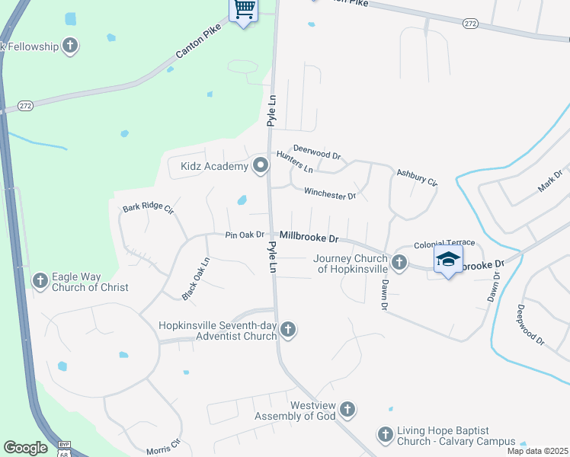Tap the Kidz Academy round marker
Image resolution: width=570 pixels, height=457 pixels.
click(x=261, y=165)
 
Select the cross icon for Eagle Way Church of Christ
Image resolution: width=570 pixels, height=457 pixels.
click(x=40, y=282)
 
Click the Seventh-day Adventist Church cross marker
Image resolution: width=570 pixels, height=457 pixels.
click(x=287, y=331)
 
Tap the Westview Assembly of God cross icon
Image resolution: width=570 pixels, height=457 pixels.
click(x=347, y=410)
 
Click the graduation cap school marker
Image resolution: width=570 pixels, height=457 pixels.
click(x=448, y=260)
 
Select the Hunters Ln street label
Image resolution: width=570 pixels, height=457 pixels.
click(x=294, y=160)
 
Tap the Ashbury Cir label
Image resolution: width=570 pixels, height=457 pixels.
click(x=416, y=178)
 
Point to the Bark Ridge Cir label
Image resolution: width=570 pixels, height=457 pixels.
click(x=149, y=207)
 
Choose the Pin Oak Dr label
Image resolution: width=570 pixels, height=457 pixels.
click(x=245, y=235)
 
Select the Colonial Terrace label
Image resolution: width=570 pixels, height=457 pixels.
click(x=444, y=244)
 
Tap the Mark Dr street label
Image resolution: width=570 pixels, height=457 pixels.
click(x=549, y=181)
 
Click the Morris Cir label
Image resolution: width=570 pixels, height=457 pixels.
click(x=163, y=445)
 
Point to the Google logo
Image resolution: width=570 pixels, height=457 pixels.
click(x=25, y=448)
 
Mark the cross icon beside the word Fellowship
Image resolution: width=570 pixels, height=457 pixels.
click(x=69, y=46)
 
